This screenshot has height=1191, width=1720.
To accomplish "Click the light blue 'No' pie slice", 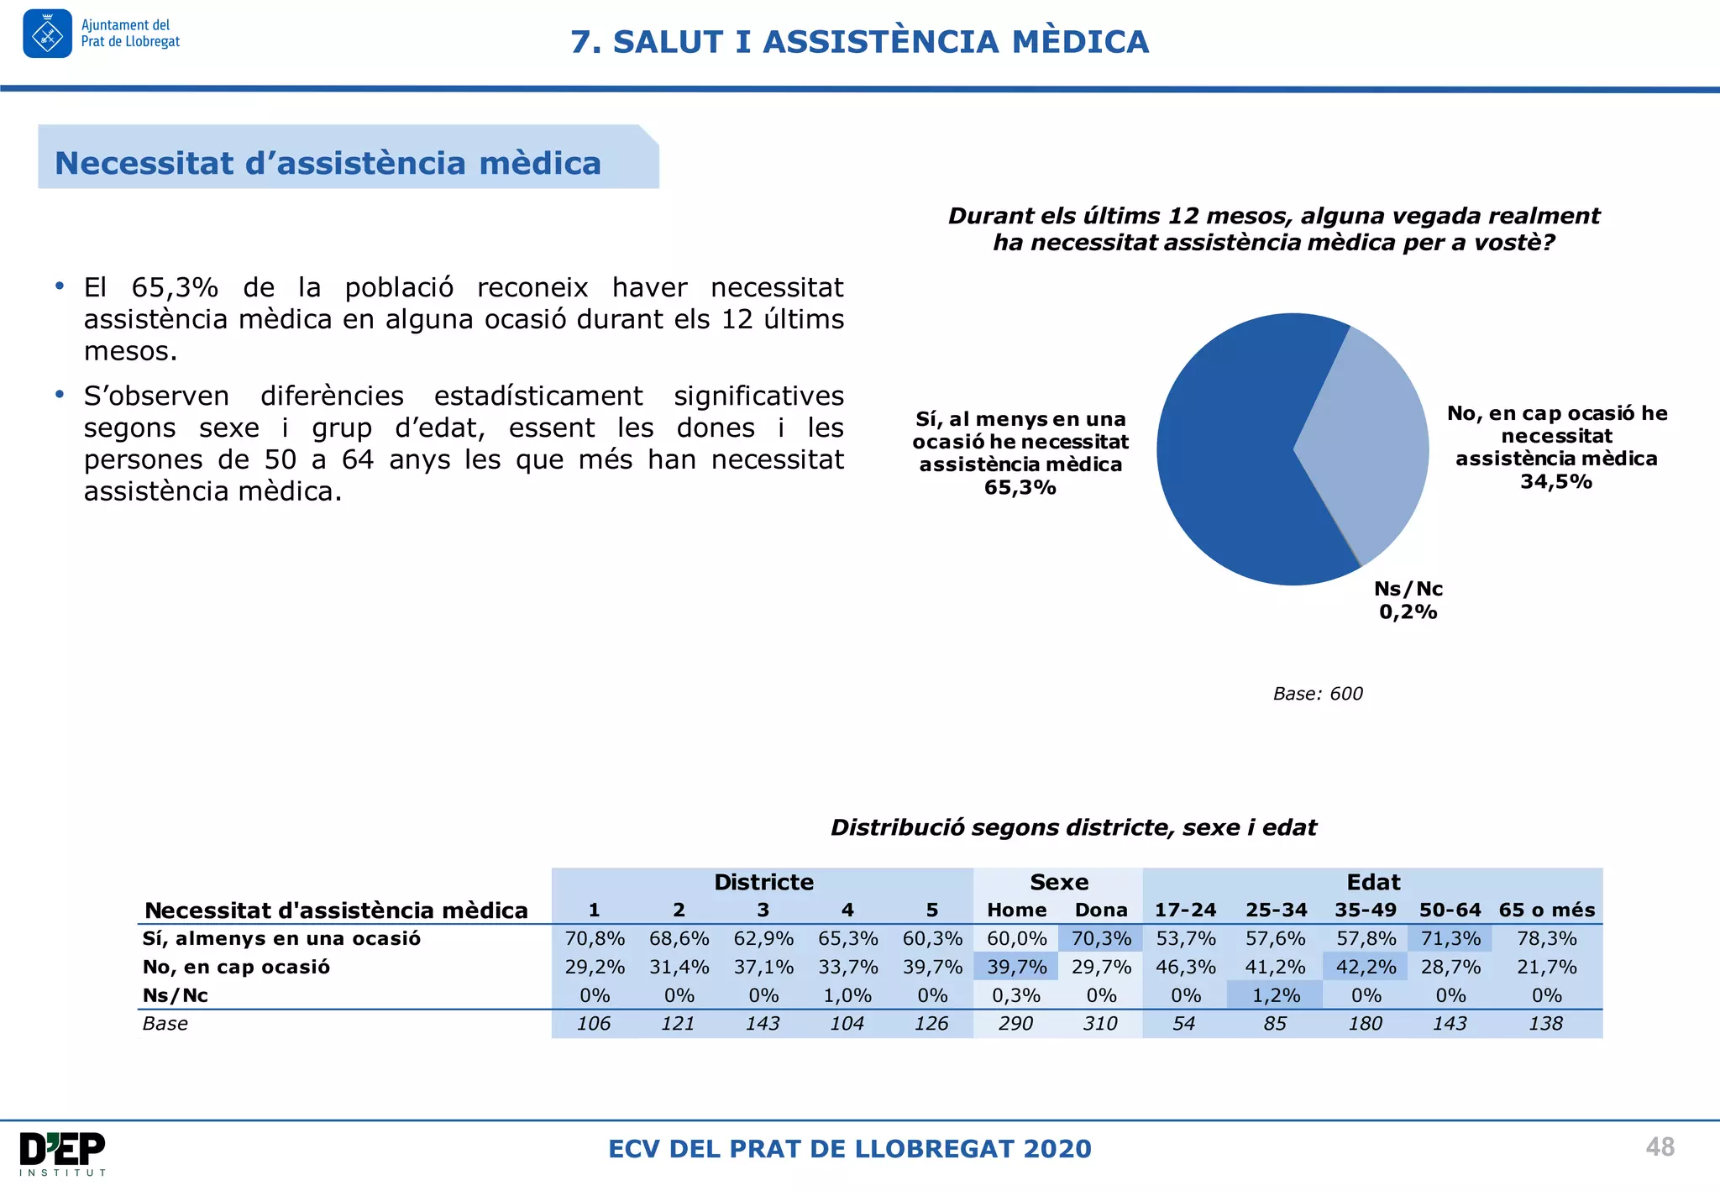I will click(1369, 437).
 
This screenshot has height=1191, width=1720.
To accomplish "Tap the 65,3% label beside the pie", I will click(1020, 487).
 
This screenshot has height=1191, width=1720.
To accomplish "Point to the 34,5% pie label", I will click(1556, 481).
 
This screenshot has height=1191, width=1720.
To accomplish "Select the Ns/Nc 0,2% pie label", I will click(1408, 601).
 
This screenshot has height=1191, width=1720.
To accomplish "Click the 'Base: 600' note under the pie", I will click(1318, 694).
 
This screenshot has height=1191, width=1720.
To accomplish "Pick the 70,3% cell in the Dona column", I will click(1101, 938).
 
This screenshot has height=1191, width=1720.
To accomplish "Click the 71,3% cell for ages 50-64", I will click(1450, 938).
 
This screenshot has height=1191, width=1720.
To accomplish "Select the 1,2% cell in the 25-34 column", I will click(1276, 995).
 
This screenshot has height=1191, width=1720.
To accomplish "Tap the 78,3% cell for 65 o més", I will click(1546, 938).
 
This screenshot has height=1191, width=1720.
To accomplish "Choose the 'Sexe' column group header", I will click(1059, 882).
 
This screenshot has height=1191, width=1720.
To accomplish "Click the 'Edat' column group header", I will click(1373, 882).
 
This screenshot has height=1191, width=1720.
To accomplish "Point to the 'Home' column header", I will click(1016, 910).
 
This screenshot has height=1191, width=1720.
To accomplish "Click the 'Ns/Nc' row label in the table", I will click(176, 995).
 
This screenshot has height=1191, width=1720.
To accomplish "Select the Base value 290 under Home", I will click(1015, 1024).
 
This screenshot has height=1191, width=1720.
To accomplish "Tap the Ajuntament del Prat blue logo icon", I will click(47, 34).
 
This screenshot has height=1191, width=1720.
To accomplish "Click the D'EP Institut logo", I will click(63, 1153).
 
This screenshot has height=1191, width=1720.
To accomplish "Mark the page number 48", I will click(1660, 1147).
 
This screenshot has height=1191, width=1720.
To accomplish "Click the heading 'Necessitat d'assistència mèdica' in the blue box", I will click(328, 163).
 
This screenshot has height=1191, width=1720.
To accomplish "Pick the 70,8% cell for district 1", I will click(595, 938).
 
